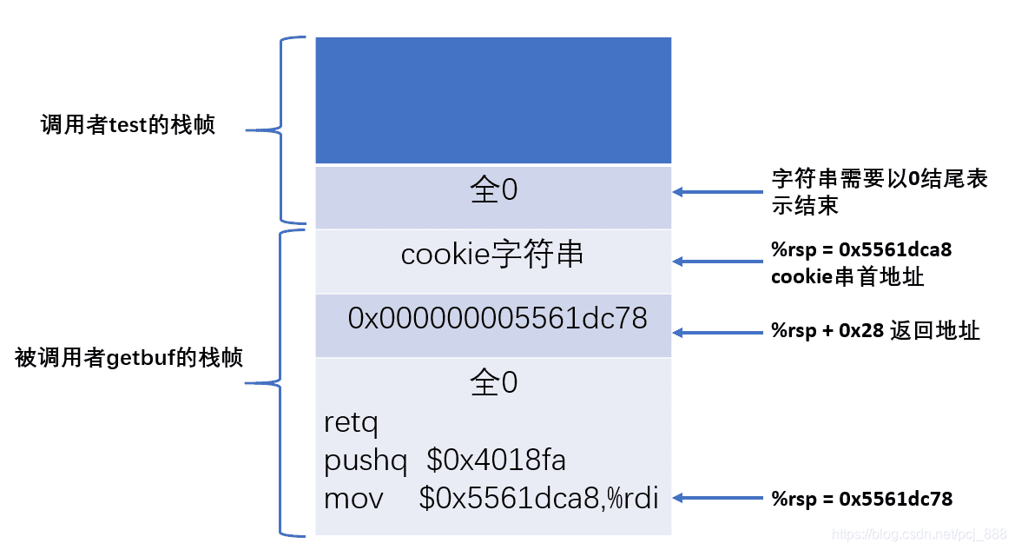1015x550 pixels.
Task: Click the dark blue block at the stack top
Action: [x=493, y=100]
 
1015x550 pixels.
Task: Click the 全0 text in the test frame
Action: [x=493, y=191]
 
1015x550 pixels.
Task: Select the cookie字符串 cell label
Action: [x=492, y=255]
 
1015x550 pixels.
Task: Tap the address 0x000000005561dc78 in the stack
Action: [x=498, y=319]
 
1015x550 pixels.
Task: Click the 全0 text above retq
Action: [x=493, y=382]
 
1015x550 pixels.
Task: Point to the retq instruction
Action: [x=352, y=423]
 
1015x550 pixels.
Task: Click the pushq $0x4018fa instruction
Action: [x=445, y=461]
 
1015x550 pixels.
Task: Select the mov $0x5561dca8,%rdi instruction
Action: [x=491, y=499]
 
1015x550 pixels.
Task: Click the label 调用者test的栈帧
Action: [x=128, y=125]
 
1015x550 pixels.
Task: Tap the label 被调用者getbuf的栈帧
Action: [x=129, y=357]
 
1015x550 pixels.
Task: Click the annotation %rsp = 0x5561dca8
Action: [x=861, y=250]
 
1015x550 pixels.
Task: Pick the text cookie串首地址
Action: [x=847, y=278]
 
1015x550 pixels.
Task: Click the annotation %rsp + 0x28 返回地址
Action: [x=875, y=331]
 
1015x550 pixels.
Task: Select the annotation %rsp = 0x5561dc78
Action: [x=861, y=499]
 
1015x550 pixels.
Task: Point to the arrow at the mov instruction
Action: [x=717, y=498]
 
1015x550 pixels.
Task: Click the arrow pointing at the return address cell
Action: [x=717, y=332]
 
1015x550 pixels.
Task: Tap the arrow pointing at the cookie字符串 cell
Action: [x=717, y=261]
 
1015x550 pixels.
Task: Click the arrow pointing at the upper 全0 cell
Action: [x=717, y=192]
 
